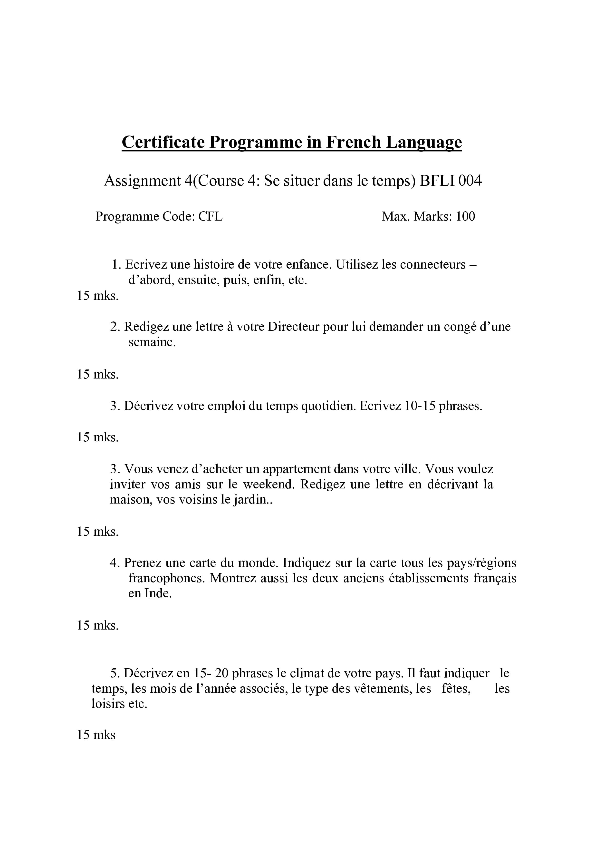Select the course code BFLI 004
point(451,181)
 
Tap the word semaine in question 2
point(152,342)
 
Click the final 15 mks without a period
point(96,735)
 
